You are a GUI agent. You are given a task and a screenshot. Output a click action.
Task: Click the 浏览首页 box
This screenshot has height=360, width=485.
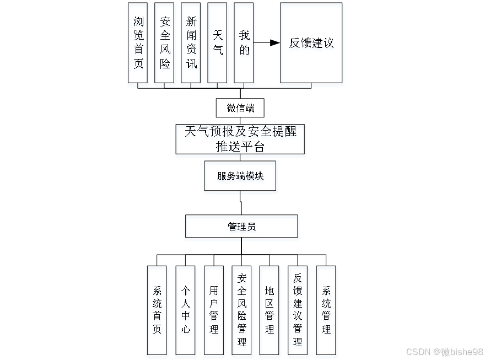click(138, 43)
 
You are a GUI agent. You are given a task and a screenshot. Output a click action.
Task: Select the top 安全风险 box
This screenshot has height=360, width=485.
click(165, 43)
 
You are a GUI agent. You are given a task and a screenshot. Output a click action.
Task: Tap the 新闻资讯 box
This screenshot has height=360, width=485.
click(191, 43)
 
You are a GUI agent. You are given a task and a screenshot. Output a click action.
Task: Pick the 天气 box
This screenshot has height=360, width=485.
click(218, 43)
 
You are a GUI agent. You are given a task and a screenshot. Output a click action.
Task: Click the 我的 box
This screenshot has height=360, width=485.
click(244, 43)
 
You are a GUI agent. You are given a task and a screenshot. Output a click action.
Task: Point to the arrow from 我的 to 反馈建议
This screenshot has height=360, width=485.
click(267, 43)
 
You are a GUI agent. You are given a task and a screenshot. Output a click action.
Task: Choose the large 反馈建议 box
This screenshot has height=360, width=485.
click(311, 43)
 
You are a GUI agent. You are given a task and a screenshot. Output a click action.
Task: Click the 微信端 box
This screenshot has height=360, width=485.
click(240, 108)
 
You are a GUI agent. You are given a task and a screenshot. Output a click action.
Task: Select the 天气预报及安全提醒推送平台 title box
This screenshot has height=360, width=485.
click(240, 139)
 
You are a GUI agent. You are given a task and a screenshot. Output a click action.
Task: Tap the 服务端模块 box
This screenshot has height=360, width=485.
click(240, 176)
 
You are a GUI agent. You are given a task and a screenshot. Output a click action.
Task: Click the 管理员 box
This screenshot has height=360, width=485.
click(241, 226)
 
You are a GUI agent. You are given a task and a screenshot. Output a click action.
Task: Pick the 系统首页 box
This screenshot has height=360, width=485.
click(157, 310)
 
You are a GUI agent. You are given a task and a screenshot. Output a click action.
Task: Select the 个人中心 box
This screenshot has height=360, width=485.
click(185, 310)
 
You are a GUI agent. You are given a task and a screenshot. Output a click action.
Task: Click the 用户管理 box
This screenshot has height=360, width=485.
click(214, 310)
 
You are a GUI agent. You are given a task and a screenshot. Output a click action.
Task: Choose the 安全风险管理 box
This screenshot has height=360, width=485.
click(241, 310)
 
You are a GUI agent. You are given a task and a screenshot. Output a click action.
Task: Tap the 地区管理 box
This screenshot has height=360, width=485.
click(270, 310)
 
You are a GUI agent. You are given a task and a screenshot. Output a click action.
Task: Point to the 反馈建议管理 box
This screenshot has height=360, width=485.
click(298, 310)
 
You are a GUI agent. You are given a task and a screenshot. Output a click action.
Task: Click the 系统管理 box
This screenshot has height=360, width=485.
click(326, 310)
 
